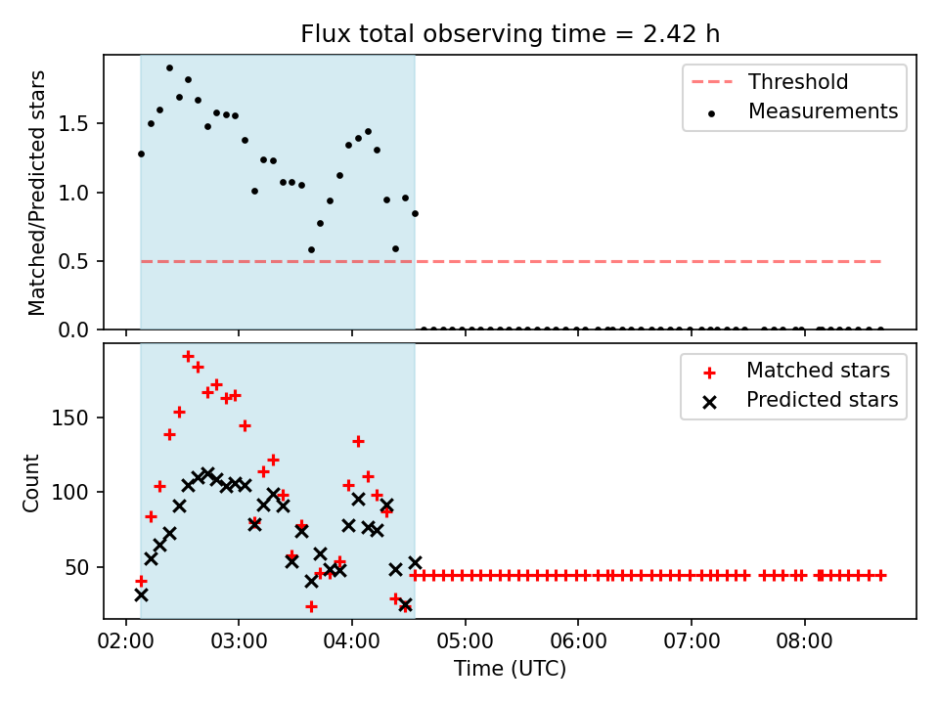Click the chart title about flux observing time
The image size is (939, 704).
[510, 34]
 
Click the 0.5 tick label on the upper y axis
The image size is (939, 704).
[73, 262]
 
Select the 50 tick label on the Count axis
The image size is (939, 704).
[76, 567]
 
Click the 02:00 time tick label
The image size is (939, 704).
[126, 641]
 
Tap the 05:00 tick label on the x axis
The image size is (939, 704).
[466, 641]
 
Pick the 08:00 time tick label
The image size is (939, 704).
[804, 641]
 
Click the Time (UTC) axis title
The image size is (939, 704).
[510, 668]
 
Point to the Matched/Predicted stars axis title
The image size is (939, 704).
[36, 193]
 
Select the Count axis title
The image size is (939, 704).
[30, 482]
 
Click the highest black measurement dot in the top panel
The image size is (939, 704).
[169, 68]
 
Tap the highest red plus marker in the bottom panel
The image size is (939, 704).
[188, 357]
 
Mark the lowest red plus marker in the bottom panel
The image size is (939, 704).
[311, 607]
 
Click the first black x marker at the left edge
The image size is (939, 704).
[141, 595]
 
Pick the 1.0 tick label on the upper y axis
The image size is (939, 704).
[73, 193]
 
